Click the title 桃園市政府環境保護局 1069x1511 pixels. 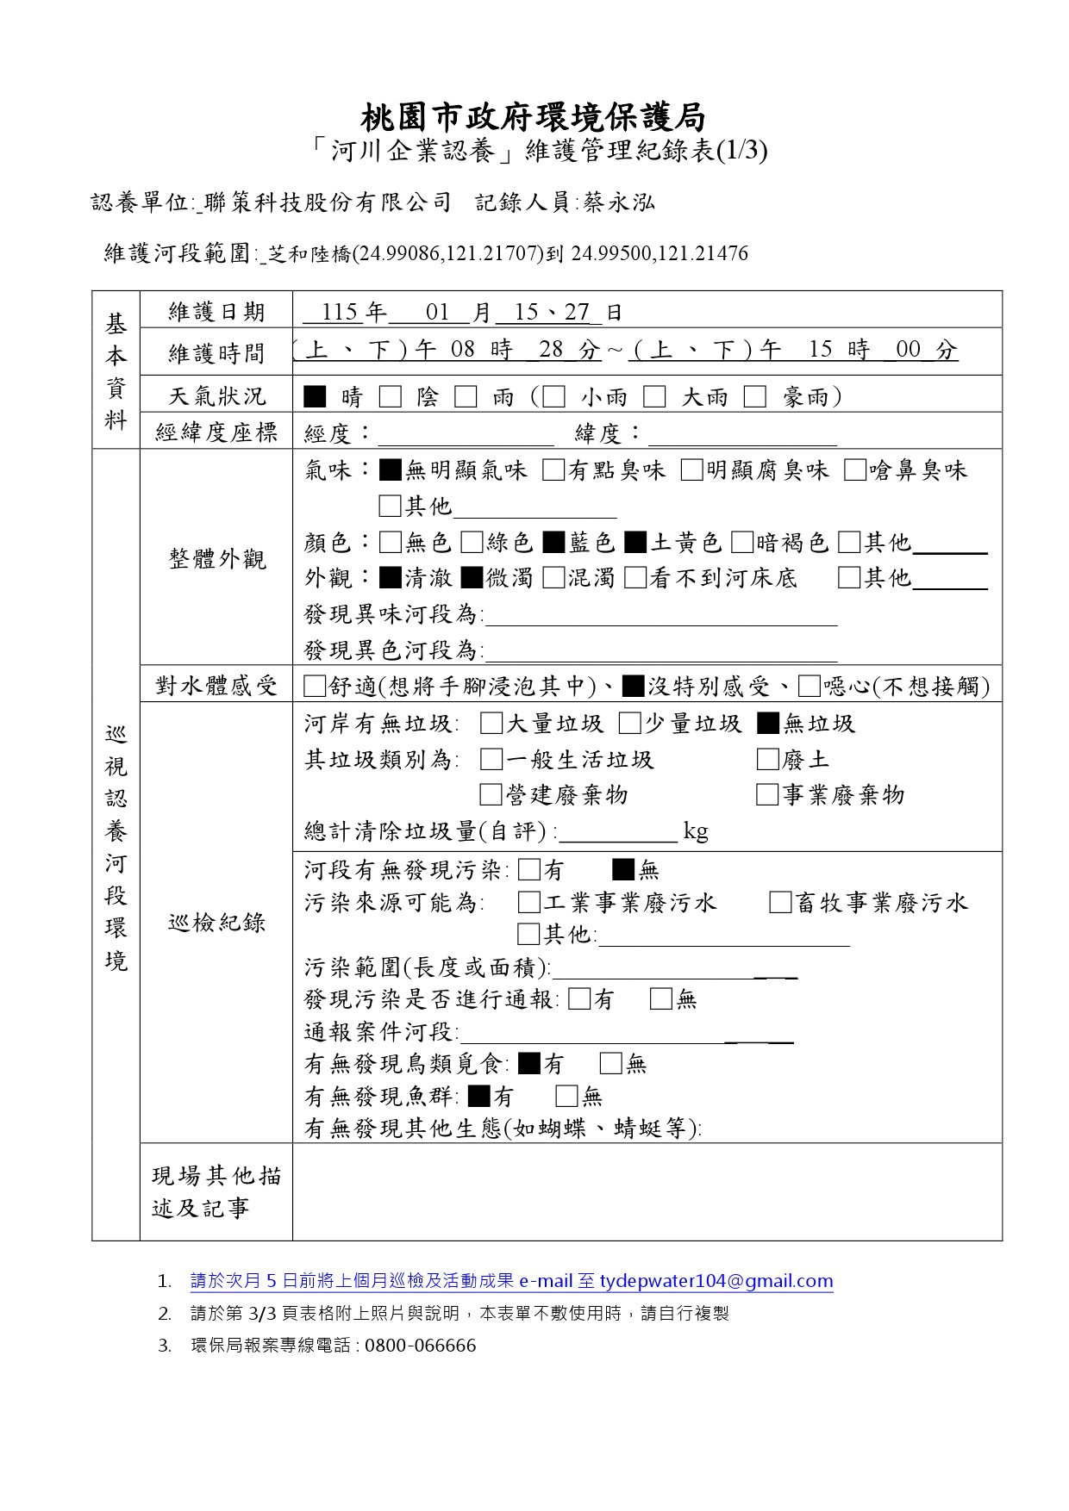(534, 116)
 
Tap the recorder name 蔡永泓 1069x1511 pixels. (618, 202)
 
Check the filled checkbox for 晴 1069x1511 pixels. (316, 396)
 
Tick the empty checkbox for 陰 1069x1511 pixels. (391, 396)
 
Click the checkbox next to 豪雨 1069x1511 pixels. (755, 396)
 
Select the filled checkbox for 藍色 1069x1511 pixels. (553, 542)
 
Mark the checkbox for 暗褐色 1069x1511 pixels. (741, 542)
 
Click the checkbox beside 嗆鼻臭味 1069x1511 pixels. (855, 470)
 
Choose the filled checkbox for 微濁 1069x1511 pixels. (472, 577)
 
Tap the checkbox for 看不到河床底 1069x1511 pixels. (635, 577)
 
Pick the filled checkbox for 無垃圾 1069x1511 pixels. (767, 724)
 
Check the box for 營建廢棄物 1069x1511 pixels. (491, 794)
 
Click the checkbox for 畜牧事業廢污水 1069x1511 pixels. (780, 903)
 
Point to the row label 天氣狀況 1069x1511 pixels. (216, 396)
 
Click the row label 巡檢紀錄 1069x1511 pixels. (216, 923)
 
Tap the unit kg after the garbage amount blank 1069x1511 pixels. (696, 831)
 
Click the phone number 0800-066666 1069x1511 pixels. (420, 1346)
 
